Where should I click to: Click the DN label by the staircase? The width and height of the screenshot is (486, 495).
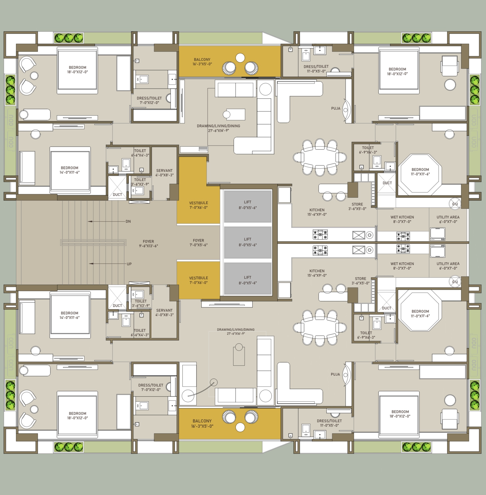(x=128, y=221)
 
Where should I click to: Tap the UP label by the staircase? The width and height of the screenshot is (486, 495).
(x=129, y=264)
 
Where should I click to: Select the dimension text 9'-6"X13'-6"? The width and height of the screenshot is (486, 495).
(x=148, y=246)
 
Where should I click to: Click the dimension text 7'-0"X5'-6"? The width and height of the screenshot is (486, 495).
(x=198, y=245)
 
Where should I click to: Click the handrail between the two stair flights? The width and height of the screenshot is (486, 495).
(x=93, y=242)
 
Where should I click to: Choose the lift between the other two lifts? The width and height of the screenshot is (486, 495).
(x=248, y=242)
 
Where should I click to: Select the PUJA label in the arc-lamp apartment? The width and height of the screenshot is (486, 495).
(x=335, y=374)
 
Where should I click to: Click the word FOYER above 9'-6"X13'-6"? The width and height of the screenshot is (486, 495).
(x=148, y=241)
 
